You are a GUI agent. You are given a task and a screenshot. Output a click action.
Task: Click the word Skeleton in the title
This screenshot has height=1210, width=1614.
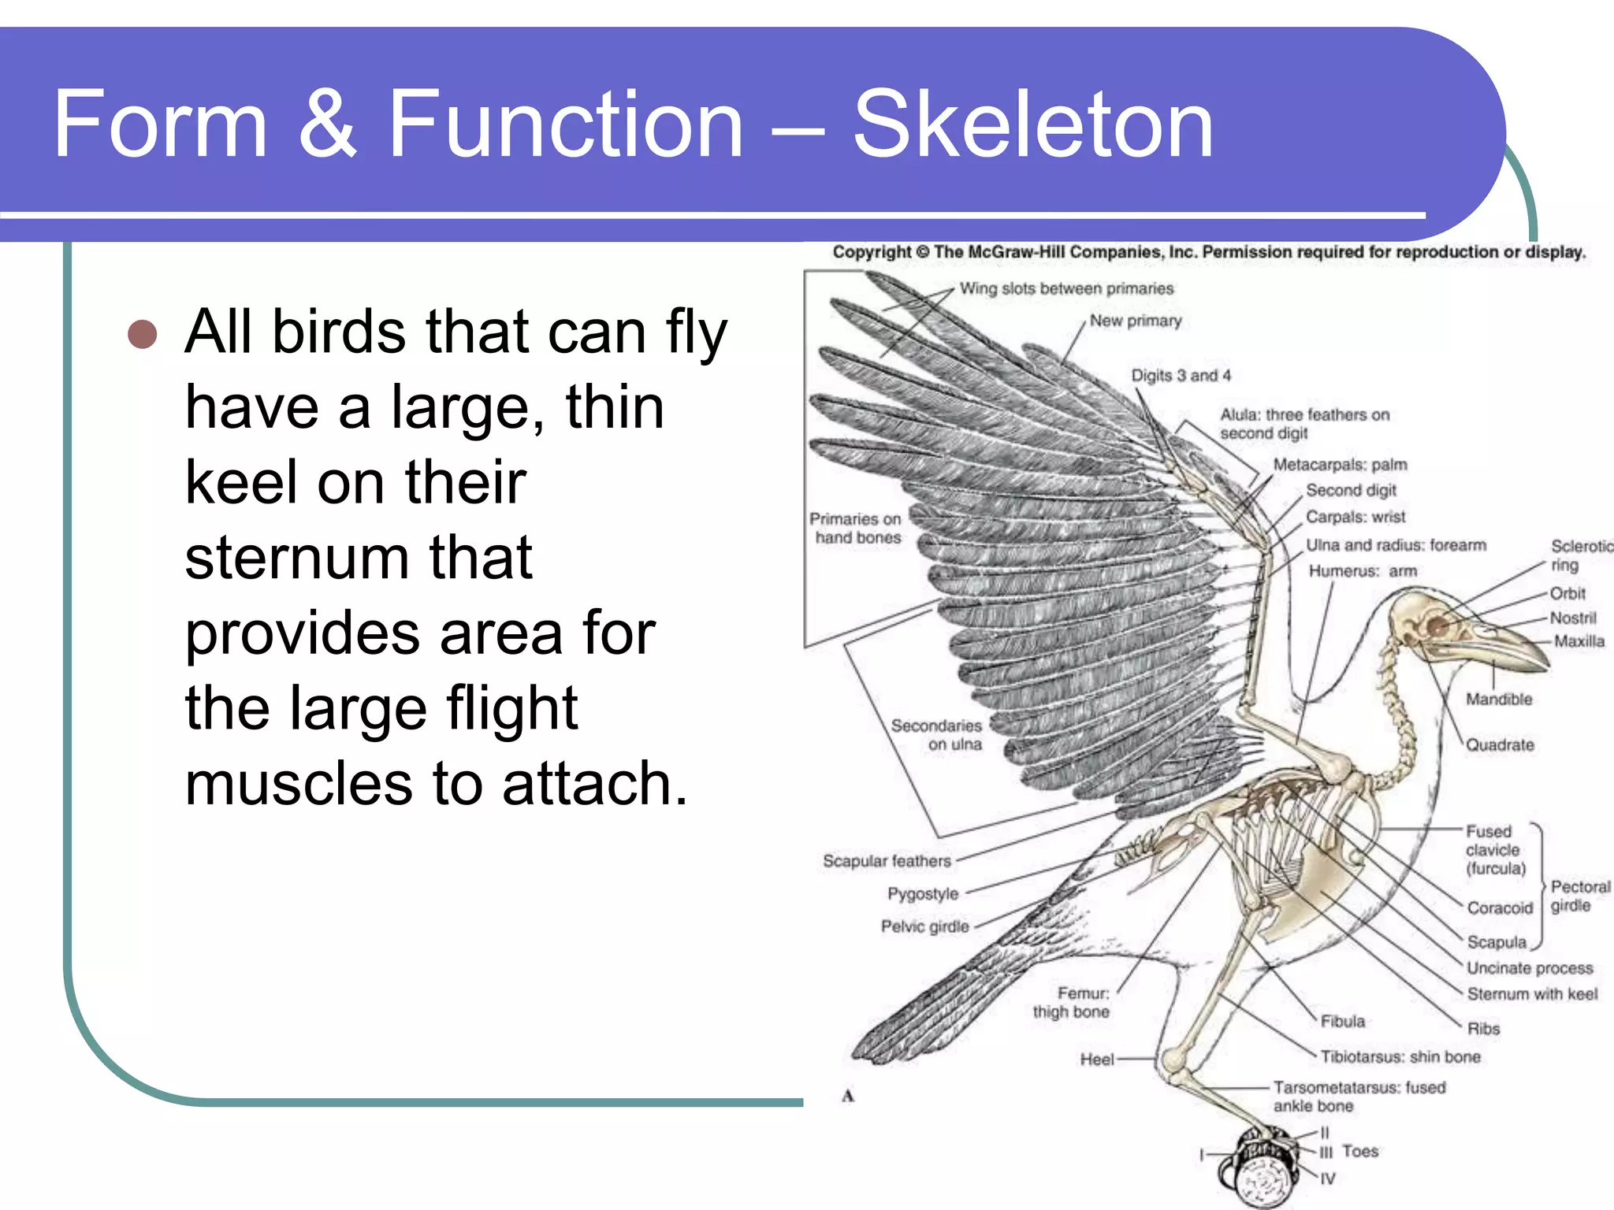tap(1033, 124)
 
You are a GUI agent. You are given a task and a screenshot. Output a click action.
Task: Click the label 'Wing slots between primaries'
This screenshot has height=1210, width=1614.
tap(1065, 288)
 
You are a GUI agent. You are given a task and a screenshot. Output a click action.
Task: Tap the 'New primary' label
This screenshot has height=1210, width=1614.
tap(1135, 321)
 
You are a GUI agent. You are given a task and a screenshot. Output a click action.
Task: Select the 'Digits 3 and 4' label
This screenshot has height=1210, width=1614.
tap(1181, 376)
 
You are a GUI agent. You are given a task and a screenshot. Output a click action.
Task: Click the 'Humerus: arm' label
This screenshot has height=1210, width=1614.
tap(1363, 571)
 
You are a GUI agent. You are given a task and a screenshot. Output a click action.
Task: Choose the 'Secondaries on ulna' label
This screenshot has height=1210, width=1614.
tap(938, 734)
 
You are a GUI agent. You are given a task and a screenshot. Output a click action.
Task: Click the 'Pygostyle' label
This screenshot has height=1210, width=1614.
tap(923, 894)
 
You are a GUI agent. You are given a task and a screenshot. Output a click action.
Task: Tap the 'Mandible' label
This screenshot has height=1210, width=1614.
tap(1498, 700)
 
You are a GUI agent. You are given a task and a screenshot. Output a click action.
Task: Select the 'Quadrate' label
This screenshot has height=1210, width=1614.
tap(1499, 745)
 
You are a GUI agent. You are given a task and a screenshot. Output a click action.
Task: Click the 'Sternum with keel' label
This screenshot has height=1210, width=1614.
tap(1531, 994)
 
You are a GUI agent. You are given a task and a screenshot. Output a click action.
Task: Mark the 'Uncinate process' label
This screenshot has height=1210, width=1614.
tap(1529, 968)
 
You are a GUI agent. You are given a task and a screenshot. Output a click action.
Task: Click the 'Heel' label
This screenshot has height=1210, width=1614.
tap(1096, 1060)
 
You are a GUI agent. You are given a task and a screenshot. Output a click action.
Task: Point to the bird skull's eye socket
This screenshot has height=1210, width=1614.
tap(1438, 626)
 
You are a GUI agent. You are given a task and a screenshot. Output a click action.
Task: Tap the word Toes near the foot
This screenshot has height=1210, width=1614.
tap(1360, 1151)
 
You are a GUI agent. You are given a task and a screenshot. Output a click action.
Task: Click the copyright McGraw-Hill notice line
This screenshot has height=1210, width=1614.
tap(1208, 252)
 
